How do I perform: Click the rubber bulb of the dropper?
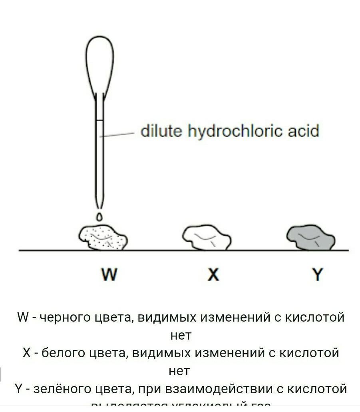pos(99,64)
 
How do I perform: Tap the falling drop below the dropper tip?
pos(99,217)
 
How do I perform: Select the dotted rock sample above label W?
pos(103,238)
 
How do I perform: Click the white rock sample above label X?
pos(207,238)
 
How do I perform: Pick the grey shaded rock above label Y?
pos(311,238)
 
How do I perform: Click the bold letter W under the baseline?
pos(109,275)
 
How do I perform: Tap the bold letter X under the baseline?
pos(214,275)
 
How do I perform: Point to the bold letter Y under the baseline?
pos(317,275)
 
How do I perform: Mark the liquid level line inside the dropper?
pos(99,120)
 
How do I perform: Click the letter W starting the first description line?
pos(23,318)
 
